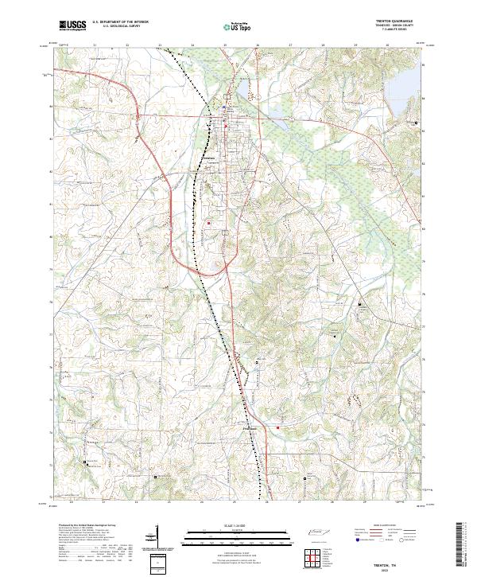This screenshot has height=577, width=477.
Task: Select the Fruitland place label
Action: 249,429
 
